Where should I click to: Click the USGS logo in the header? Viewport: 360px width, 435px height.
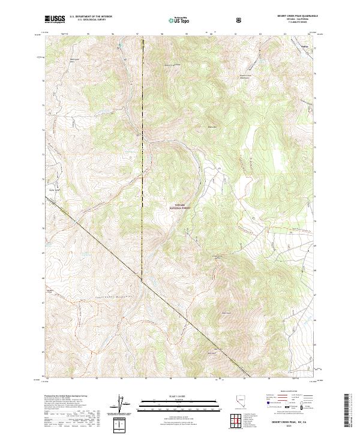point(55,20)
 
